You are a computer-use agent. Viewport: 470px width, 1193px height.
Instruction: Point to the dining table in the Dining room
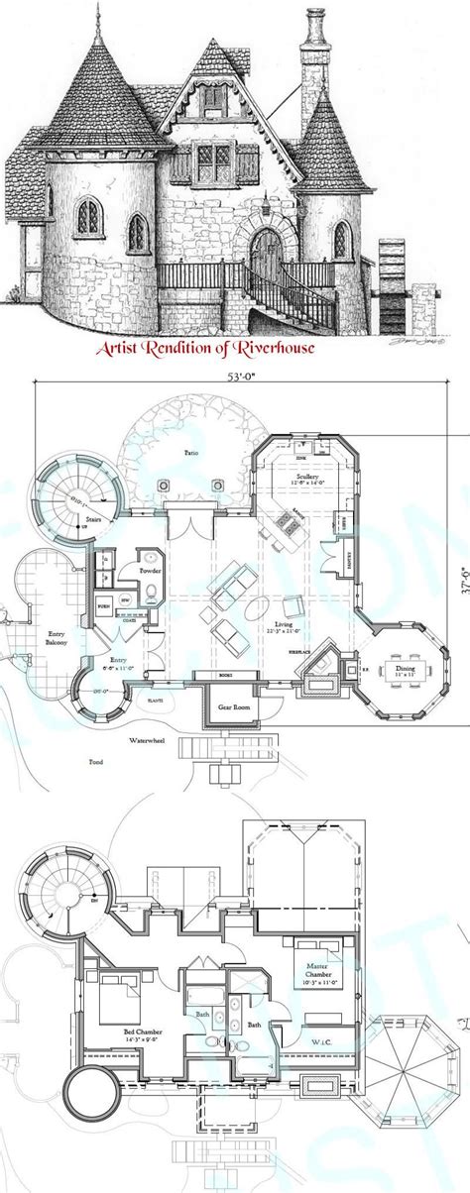402,665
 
